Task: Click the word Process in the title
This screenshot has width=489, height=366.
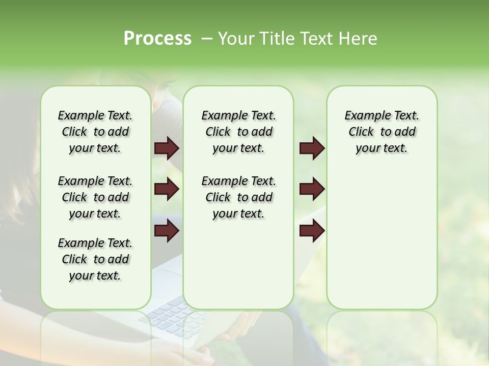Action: (x=157, y=39)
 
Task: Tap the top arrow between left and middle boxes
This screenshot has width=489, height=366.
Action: (x=167, y=148)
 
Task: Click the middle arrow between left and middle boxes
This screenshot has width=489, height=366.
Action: (x=167, y=190)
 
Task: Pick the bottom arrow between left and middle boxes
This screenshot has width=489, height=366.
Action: (x=167, y=231)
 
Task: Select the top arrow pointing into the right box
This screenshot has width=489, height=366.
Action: (x=312, y=148)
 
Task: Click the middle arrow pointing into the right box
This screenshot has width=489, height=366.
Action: (x=312, y=190)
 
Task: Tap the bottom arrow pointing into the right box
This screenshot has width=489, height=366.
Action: (x=312, y=231)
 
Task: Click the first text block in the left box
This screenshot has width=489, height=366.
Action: (x=95, y=132)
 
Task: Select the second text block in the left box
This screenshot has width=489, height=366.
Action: (x=95, y=197)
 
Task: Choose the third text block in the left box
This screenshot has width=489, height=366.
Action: (x=95, y=259)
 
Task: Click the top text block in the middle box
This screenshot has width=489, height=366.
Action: (x=238, y=132)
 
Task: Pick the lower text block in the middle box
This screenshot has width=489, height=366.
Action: (x=238, y=197)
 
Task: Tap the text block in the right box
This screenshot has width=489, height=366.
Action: (x=382, y=132)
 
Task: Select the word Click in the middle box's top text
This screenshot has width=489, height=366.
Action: (x=218, y=132)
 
